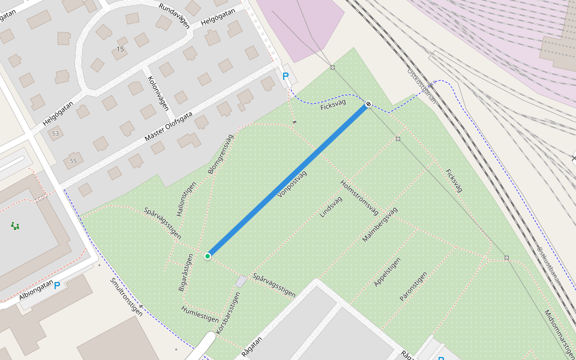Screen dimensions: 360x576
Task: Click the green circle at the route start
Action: [x=208, y=256]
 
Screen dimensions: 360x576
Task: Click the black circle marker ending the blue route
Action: [x=368, y=104]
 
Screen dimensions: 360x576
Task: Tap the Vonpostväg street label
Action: [x=292, y=184]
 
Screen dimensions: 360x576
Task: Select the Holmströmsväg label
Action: [x=359, y=197]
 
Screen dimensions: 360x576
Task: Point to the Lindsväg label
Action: [x=331, y=205]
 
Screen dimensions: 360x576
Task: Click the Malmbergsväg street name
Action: [x=380, y=224]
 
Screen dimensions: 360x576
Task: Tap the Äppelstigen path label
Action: [x=387, y=272]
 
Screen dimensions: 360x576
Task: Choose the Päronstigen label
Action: [x=413, y=286]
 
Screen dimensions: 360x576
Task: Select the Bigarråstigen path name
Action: [x=186, y=273]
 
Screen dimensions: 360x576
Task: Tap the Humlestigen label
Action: [x=200, y=313]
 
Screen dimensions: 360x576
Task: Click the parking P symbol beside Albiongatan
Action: [x=57, y=286]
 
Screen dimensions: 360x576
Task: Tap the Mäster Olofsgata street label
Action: [x=169, y=127]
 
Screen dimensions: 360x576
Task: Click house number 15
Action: [x=121, y=49]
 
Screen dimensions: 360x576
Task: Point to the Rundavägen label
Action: [x=174, y=16]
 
